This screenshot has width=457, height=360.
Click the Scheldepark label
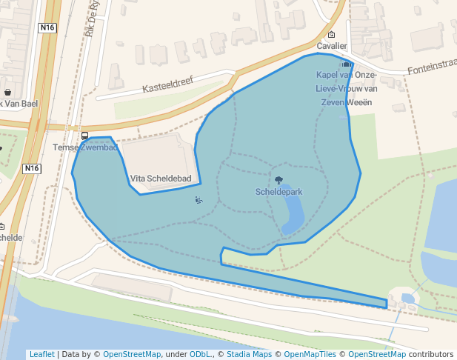coord(278,191)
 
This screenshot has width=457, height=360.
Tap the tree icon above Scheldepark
coord(278,180)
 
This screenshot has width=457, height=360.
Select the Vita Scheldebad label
coord(161,179)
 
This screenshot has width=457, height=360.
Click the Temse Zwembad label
coord(85,147)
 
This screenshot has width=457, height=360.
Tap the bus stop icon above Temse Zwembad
coord(84,136)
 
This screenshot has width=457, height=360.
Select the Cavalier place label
coord(331,46)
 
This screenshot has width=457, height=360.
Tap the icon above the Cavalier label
coord(331,35)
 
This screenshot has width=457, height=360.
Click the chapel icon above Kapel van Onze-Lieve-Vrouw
coord(347,64)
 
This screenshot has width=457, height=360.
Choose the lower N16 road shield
coord(31,168)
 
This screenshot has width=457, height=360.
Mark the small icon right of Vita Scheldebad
coord(198,199)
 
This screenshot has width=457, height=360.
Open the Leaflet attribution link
coord(41,354)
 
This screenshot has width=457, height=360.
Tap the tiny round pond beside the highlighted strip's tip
coord(407,299)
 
